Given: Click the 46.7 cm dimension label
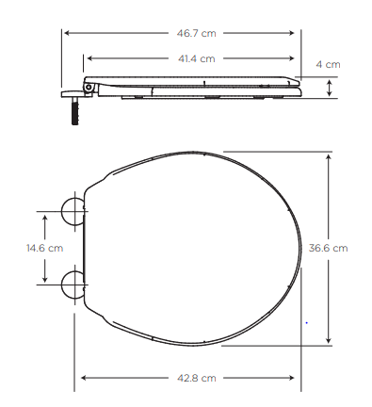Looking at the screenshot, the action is coord(196,33).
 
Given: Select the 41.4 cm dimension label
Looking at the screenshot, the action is coord(197,58).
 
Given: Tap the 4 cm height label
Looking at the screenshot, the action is coord(328,64).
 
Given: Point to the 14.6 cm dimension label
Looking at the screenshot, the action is coord(44,248).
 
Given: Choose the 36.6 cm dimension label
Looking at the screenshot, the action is coord(328,248).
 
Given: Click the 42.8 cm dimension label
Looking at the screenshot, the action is coord(197,378).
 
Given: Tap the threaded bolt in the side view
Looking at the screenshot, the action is coord(75,110).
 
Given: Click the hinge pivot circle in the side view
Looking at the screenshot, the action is coord(89,87).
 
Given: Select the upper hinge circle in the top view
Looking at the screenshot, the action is coord(73,211).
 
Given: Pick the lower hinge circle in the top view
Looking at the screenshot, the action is coord(73,285).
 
